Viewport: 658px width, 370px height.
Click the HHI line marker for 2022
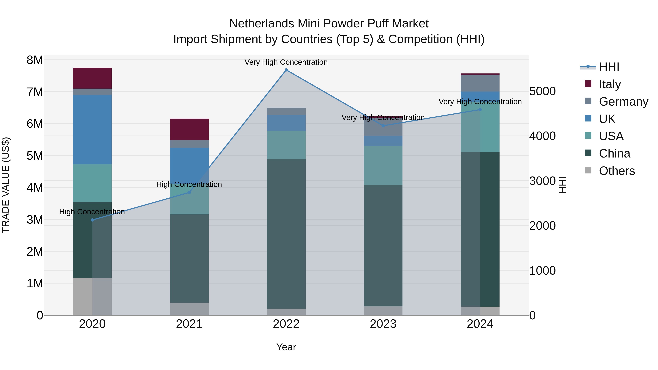click(x=286, y=70)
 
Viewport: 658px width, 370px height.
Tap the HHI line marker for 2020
click(x=92, y=220)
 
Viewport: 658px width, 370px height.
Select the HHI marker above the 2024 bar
click(x=480, y=110)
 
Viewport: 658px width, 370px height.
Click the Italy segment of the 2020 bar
click(x=92, y=78)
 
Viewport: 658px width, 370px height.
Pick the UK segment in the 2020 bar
click(x=92, y=130)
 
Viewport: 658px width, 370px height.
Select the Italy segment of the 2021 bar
click(x=189, y=129)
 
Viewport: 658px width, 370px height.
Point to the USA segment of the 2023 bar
click(x=383, y=166)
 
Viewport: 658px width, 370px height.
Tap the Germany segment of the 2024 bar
click(x=480, y=83)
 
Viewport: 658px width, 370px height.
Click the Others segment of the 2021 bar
click(x=189, y=309)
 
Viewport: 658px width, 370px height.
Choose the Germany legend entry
click(x=623, y=101)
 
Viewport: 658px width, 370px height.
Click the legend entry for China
click(x=614, y=153)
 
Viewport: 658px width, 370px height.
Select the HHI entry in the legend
click(x=609, y=67)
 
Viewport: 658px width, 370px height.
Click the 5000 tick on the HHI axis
click(x=542, y=91)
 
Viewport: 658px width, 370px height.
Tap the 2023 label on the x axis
click(x=383, y=324)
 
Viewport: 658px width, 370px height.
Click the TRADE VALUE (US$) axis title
click(x=6, y=185)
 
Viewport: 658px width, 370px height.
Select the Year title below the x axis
click(x=286, y=347)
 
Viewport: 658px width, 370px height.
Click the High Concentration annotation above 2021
click(x=189, y=184)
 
